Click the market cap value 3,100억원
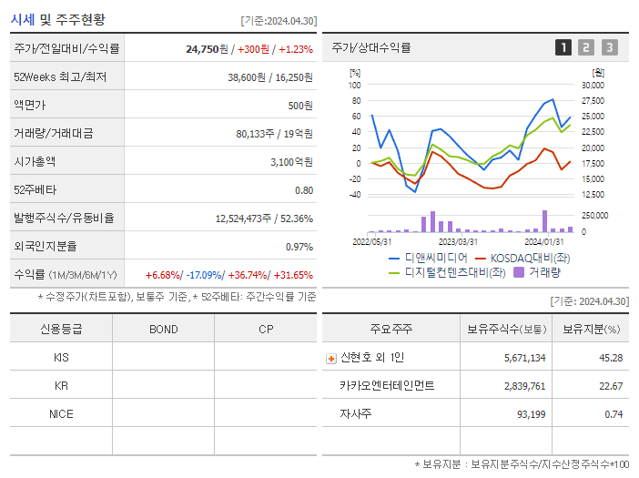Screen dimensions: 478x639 pyautogui.click(x=291, y=161)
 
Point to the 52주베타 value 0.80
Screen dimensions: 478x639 pyautogui.click(x=304, y=189)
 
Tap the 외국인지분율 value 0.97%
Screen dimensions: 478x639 pyautogui.click(x=299, y=246)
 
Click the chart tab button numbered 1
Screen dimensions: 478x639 pyautogui.click(x=563, y=47)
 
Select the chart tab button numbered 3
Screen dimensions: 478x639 pyautogui.click(x=609, y=47)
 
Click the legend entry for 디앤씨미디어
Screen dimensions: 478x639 pyautogui.click(x=428, y=258)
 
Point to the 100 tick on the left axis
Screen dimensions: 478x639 pyautogui.click(x=355, y=85)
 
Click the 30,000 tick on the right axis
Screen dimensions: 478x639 pyautogui.click(x=592, y=85)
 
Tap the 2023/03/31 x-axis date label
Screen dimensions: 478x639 pyautogui.click(x=458, y=241)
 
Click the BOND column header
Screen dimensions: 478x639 pyautogui.click(x=163, y=329)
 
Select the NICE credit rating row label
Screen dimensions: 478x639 pyautogui.click(x=61, y=413)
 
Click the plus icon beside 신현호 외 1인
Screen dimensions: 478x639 pyautogui.click(x=331, y=359)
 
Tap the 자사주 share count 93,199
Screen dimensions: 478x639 pyautogui.click(x=528, y=414)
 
